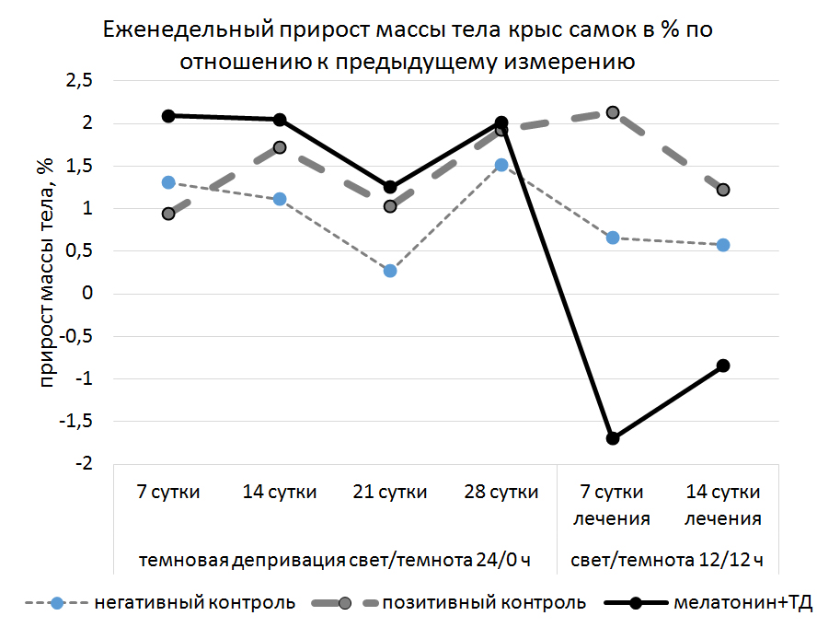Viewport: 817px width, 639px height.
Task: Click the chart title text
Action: click(408, 46)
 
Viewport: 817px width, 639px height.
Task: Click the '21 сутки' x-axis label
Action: click(390, 492)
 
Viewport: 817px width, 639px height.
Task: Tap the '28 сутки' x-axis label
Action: click(501, 492)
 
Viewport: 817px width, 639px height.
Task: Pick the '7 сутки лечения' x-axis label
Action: click(613, 505)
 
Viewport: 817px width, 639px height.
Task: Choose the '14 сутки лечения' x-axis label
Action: click(723, 505)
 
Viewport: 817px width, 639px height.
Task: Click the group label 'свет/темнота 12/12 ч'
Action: click(668, 561)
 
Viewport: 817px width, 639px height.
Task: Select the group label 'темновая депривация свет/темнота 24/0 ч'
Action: click(335, 561)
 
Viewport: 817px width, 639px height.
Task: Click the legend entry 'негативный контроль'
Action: click(194, 604)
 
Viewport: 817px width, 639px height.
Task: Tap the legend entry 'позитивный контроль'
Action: click(484, 604)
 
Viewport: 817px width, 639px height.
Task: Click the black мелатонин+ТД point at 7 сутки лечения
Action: click(613, 438)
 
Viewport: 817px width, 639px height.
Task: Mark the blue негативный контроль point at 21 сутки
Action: click(390, 271)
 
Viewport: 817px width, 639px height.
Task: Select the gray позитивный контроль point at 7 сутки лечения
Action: click(613, 112)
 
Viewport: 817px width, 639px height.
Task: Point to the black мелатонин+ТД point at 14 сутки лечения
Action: click(723, 366)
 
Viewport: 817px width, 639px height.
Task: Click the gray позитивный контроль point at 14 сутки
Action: click(280, 147)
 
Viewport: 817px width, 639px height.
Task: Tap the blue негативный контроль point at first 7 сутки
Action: click(168, 182)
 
